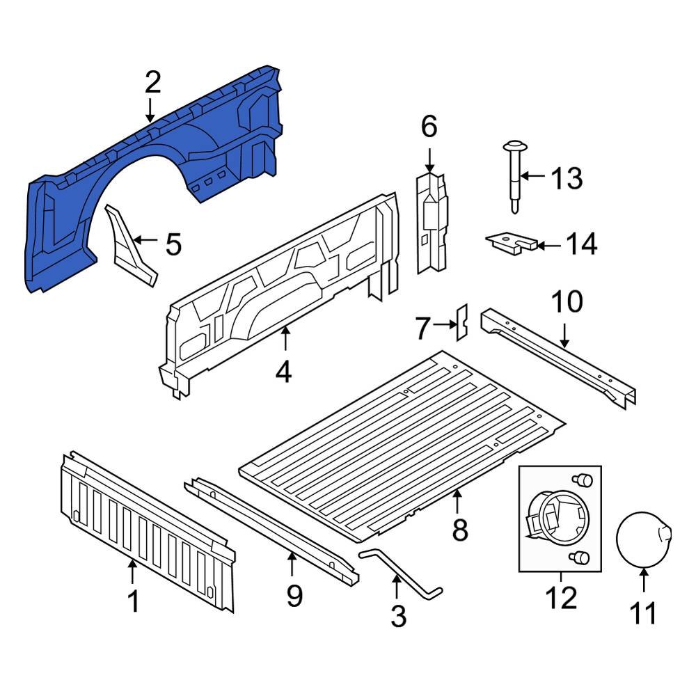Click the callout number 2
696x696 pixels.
152,82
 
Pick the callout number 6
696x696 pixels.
429,127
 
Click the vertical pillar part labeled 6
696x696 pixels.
432,223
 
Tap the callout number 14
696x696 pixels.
580,244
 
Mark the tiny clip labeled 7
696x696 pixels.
461,322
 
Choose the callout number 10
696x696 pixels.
567,302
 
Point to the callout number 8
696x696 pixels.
459,530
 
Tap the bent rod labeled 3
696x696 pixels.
400,574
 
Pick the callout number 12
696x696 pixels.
561,597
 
